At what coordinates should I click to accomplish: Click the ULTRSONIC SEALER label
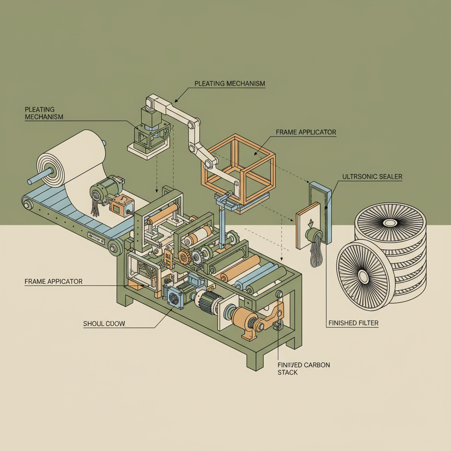372,177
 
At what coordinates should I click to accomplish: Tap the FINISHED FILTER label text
353,323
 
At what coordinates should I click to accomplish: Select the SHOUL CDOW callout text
104,324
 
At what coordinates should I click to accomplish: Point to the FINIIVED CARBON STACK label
303,369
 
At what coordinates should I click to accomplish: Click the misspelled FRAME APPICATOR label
53,281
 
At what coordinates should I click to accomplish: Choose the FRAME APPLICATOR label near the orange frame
306,132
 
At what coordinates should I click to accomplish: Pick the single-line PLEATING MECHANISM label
229,83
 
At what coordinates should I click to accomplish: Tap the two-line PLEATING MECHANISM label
44,113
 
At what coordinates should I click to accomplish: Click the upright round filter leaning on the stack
363,277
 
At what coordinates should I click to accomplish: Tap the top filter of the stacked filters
390,223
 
